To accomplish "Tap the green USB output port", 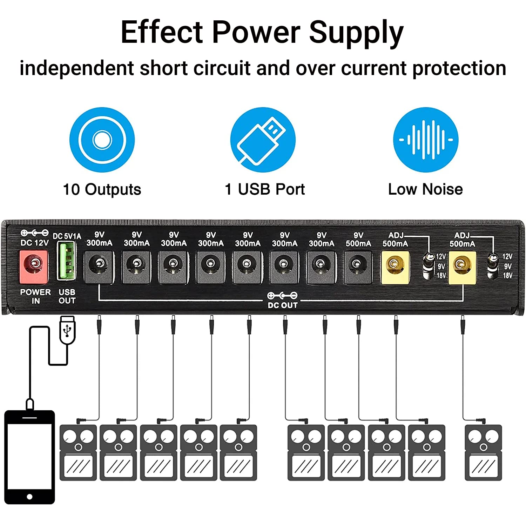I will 67,261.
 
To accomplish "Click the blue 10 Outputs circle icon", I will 102,140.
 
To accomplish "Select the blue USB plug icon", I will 263,140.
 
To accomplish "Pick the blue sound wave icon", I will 425,140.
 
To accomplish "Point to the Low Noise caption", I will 425,189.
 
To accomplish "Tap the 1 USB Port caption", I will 265,189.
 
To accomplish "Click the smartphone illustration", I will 30,457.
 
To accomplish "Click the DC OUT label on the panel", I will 283,305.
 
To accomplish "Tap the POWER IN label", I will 35,296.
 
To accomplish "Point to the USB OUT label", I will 67,296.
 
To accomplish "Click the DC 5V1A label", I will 67,236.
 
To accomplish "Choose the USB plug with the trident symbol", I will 67,330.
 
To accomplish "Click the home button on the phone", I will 30,497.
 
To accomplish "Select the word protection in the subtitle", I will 459,68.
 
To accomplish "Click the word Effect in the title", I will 161,32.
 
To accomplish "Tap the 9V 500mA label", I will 358,240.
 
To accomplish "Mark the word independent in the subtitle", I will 76,68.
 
